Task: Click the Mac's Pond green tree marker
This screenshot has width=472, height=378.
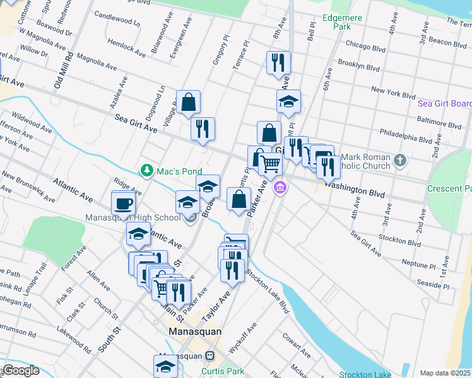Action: click(147, 170)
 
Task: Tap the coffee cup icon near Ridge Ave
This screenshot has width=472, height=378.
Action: click(124, 203)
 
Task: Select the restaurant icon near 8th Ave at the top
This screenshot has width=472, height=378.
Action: click(278, 63)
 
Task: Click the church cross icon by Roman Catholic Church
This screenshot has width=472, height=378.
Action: click(399, 160)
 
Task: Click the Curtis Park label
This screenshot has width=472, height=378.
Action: click(222, 371)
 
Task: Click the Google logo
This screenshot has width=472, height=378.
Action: click(20, 371)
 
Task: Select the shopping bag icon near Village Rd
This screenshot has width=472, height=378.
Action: click(189, 102)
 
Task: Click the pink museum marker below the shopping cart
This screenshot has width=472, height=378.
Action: click(280, 187)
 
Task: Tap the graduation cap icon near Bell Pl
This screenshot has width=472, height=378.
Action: click(288, 101)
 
